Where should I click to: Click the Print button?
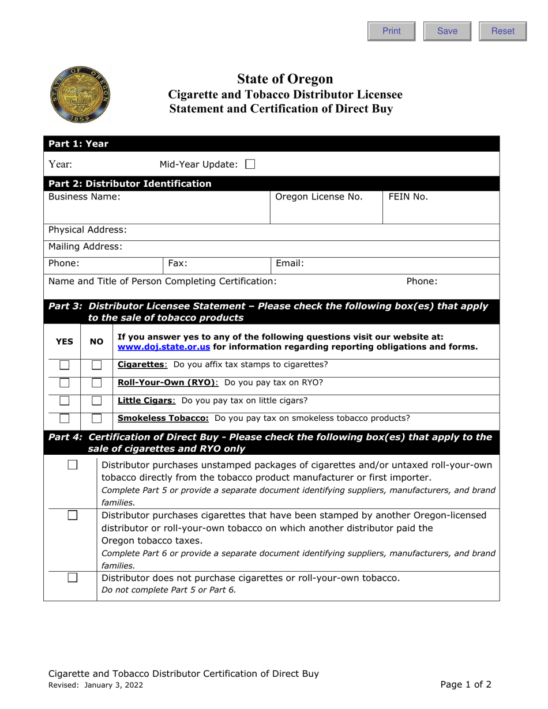[x=392, y=31]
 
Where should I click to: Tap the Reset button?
[x=502, y=31]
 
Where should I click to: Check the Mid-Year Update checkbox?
[x=250, y=165]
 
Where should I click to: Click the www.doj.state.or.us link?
[x=163, y=346]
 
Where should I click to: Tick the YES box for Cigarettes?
[x=64, y=365]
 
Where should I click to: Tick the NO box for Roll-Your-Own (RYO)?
[x=97, y=383]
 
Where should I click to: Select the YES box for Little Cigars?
[x=64, y=401]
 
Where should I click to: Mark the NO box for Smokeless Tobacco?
[x=97, y=418]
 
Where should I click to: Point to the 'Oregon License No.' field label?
[x=320, y=197]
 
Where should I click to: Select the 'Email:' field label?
[x=290, y=263]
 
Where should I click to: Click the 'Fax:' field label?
[x=178, y=263]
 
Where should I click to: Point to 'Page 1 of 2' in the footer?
[x=466, y=685]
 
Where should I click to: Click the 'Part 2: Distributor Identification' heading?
[x=130, y=184]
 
